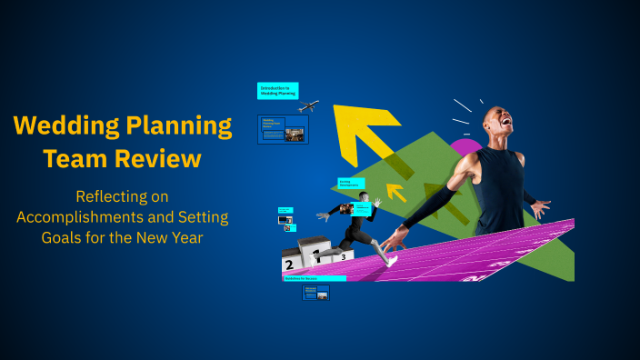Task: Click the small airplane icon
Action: point(308,106)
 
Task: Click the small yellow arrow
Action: point(396,192)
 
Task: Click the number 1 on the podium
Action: point(315,256)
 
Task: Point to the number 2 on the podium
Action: point(289,265)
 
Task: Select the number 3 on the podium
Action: point(343,257)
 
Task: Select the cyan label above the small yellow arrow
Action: point(351,183)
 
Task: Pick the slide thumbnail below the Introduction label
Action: point(283,129)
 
